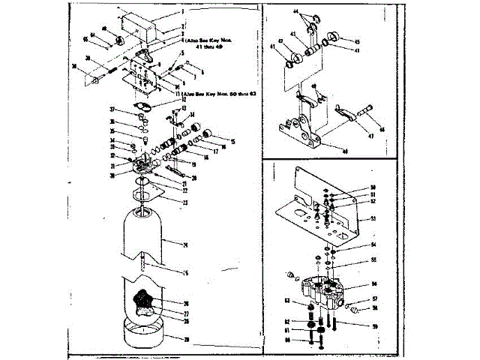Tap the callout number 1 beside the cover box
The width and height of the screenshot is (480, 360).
click(x=181, y=13)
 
